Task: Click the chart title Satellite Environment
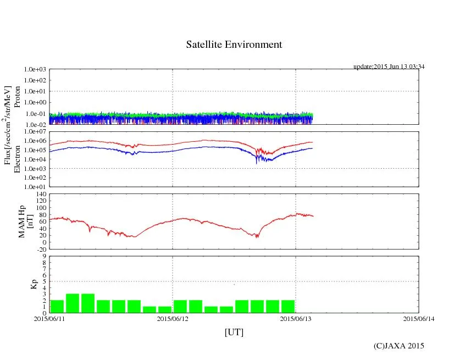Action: pos(234,45)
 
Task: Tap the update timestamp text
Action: pos(389,67)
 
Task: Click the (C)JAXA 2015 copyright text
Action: pos(398,346)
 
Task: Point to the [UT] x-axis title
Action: pos(234,332)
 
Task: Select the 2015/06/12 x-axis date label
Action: pos(173,318)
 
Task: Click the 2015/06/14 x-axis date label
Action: pos(418,318)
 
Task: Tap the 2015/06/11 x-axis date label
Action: pos(49,318)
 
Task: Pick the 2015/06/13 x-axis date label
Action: pos(296,318)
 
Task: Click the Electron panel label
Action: pos(17,159)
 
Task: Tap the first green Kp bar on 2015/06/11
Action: pos(57,306)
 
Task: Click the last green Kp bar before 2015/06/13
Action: pos(288,306)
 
